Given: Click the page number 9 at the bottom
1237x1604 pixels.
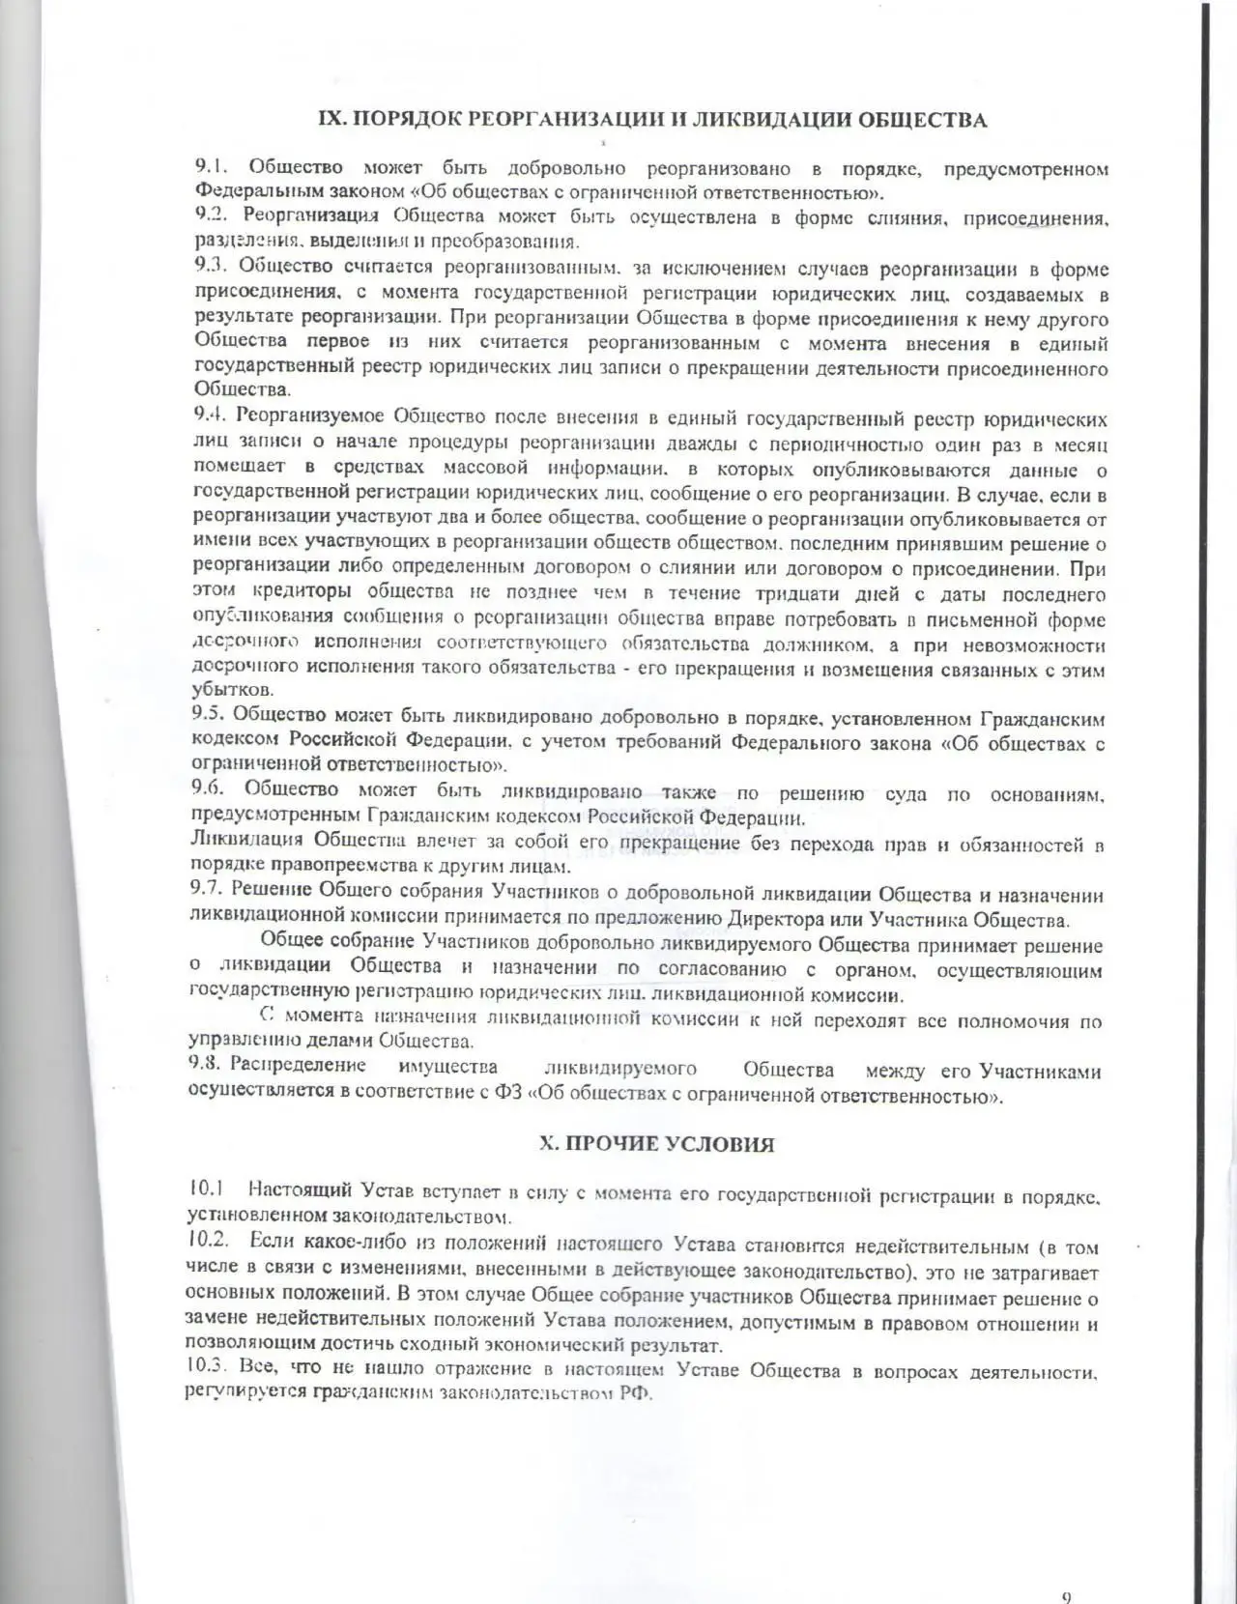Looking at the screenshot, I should tap(1067, 1570).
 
